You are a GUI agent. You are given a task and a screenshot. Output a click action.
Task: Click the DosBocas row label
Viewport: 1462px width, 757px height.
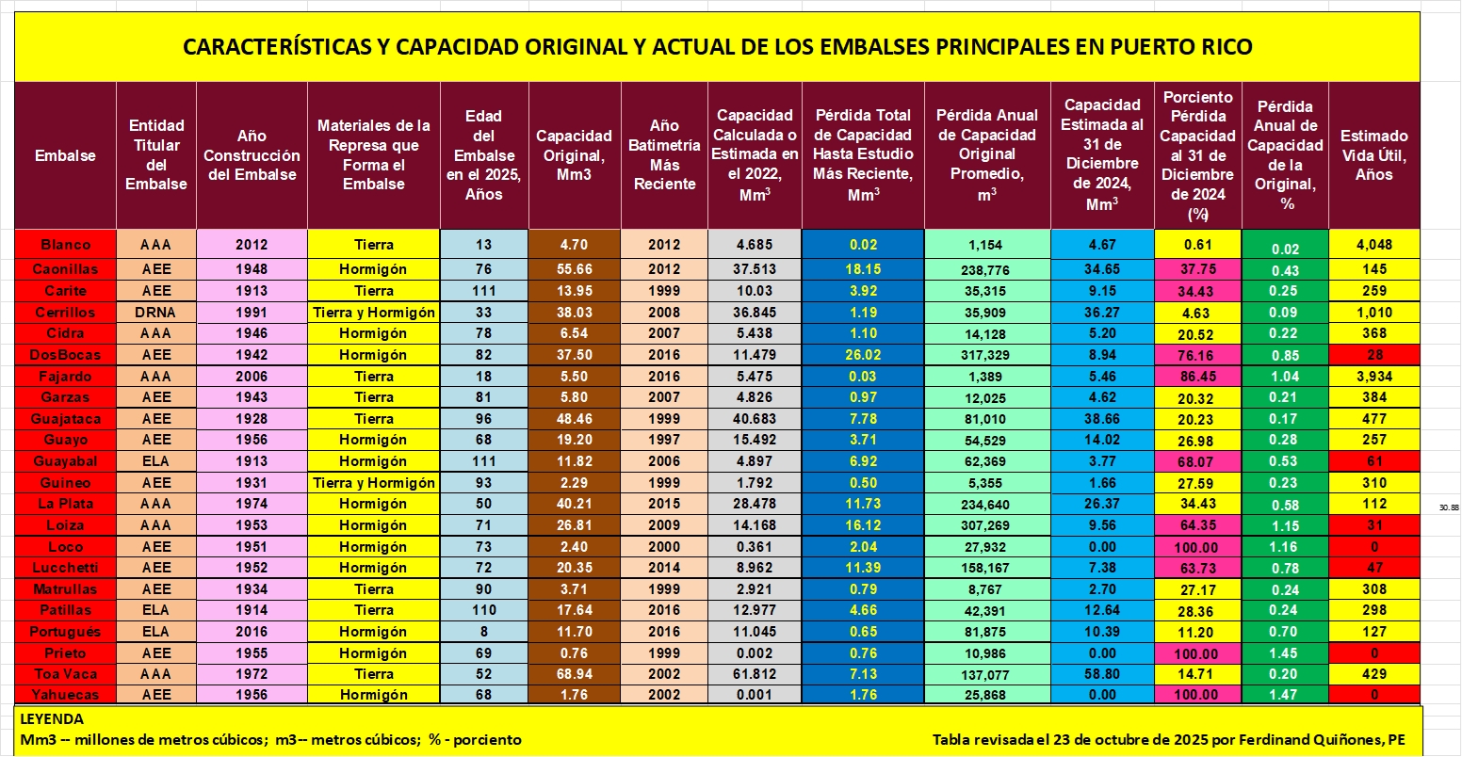65,355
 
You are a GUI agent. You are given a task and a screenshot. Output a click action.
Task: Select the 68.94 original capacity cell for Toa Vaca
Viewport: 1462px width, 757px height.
574,674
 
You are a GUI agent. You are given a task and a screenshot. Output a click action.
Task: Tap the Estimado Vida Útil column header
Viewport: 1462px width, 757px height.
1373,155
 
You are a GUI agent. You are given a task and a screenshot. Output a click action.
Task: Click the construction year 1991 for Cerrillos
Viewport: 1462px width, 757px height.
252,313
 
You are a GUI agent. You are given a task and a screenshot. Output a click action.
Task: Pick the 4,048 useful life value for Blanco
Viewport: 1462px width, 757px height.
1373,245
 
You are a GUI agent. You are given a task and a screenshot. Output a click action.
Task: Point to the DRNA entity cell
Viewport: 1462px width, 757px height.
156,313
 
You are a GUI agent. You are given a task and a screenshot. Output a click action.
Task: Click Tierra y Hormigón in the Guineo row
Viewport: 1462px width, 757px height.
374,483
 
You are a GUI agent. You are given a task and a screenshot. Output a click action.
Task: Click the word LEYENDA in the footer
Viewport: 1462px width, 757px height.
51,719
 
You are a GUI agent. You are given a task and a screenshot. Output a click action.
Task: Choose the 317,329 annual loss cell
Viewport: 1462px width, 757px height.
986,355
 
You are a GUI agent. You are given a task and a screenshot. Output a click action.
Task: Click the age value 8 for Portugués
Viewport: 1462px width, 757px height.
483,632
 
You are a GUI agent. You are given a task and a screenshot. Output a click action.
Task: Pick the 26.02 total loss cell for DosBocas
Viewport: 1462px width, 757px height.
863,355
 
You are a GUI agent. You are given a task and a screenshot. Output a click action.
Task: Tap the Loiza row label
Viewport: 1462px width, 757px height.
65,525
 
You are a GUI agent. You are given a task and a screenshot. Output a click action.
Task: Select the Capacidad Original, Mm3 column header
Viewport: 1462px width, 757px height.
574,155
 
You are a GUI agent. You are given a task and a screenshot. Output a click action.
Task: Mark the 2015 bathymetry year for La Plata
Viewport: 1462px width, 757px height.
664,504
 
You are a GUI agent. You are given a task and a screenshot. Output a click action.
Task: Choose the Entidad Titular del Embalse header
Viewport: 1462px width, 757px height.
156,155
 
